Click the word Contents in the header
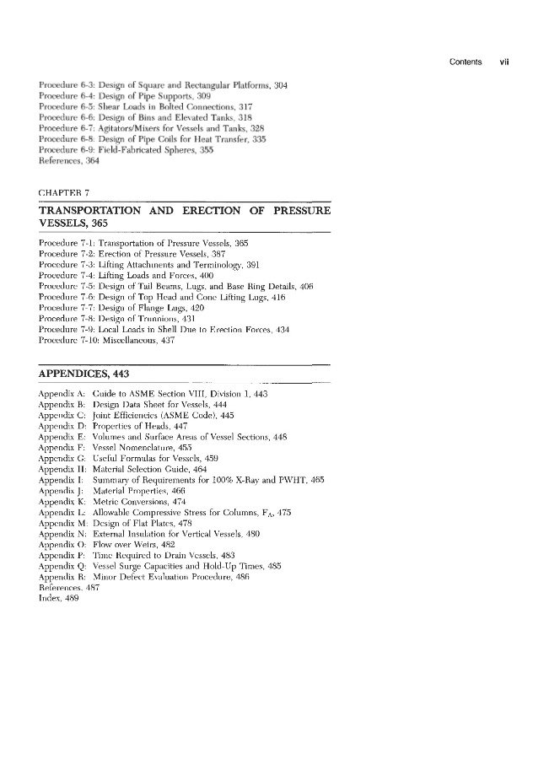[x=466, y=61]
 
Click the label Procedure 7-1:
[x=67, y=243]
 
